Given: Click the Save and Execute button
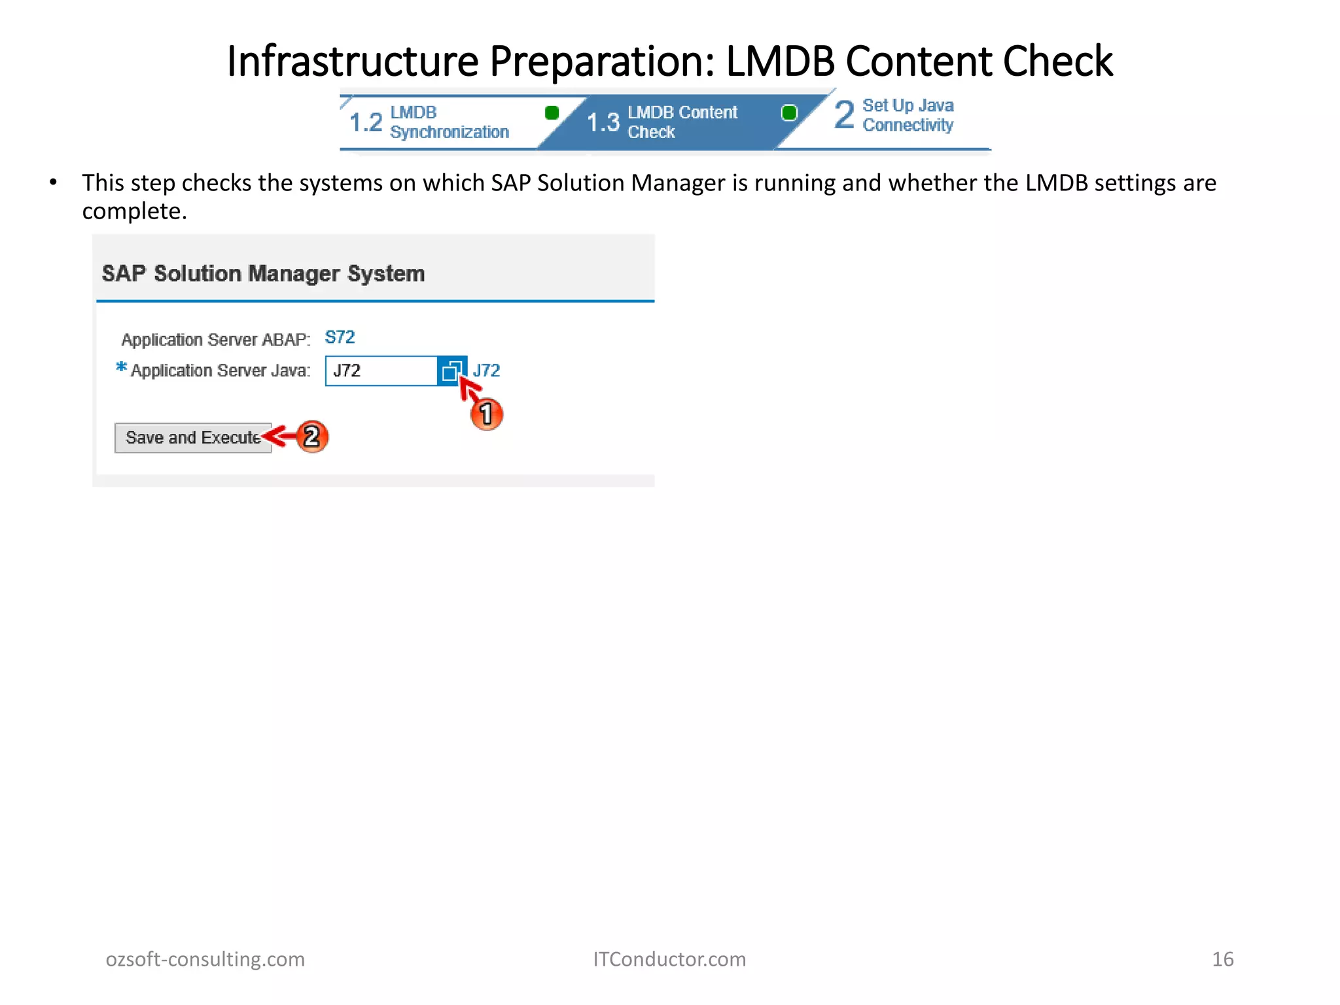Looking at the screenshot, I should click(x=193, y=438).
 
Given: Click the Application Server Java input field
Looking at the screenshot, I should click(x=381, y=371).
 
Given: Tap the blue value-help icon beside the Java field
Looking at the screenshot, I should click(x=451, y=371).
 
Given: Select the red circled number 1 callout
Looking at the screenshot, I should click(x=487, y=414).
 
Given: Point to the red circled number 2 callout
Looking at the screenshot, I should click(x=312, y=436).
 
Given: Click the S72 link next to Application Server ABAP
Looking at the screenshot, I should click(x=340, y=337).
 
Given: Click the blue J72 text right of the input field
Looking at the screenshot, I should click(x=486, y=371).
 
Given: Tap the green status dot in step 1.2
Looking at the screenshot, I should click(x=552, y=113).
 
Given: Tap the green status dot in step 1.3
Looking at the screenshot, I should click(x=789, y=113).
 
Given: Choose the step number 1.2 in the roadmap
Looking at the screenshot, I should click(x=366, y=122).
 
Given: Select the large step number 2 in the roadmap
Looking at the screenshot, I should click(x=844, y=115).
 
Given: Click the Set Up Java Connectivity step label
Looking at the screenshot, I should click(x=908, y=115).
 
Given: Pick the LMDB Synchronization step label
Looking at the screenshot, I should click(x=449, y=122).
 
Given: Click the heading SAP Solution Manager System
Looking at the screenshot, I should click(x=263, y=273).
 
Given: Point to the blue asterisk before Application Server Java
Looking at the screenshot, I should click(x=121, y=367).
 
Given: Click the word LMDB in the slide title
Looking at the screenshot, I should click(x=780, y=62).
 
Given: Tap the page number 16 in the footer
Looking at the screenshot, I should click(x=1222, y=959).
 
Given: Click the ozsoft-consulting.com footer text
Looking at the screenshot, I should click(x=205, y=959).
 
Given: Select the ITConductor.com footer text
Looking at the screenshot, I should click(x=669, y=959).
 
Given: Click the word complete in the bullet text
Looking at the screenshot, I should click(x=133, y=211).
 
